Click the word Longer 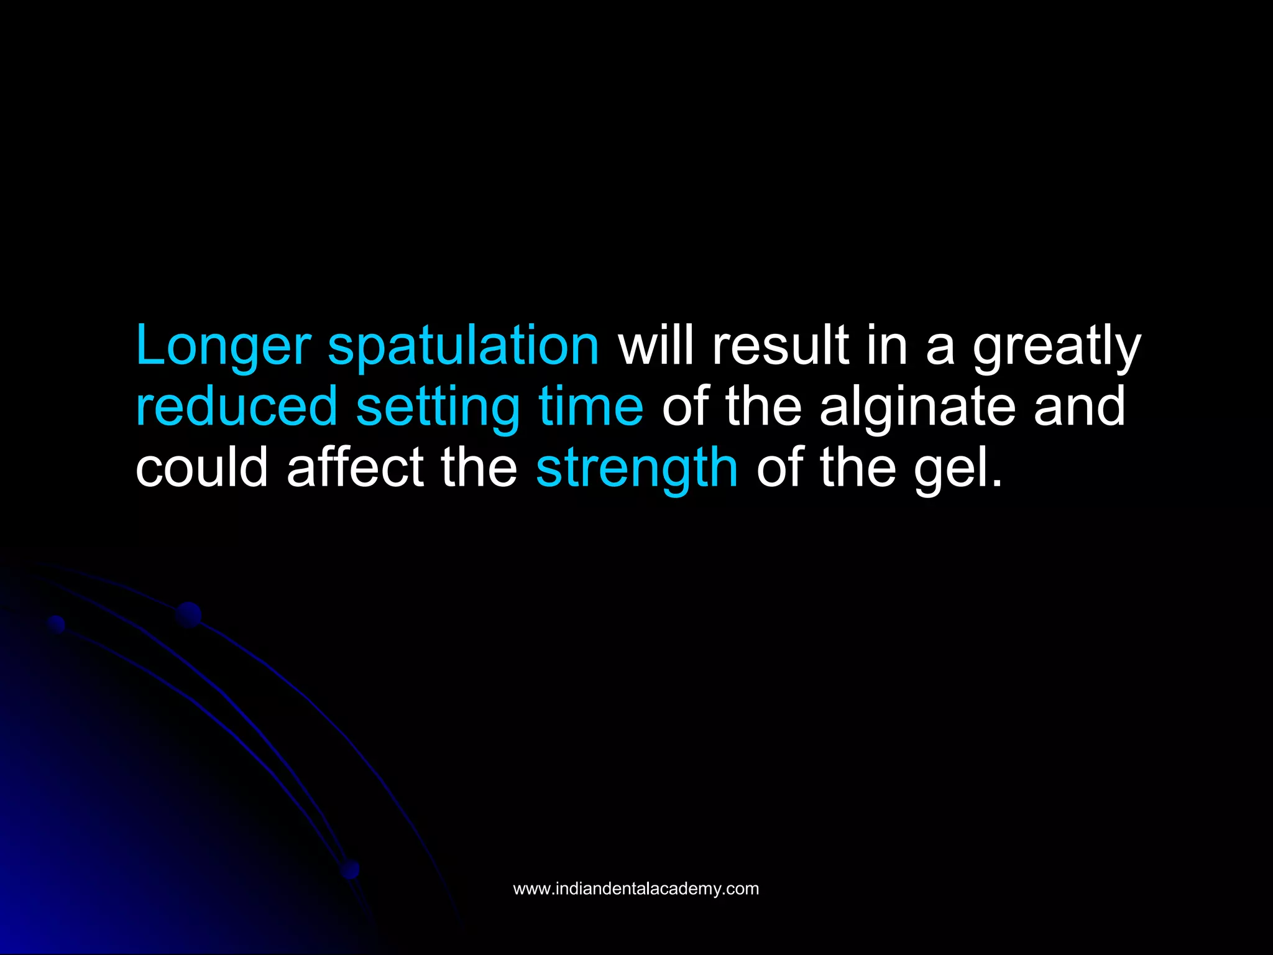[223, 346]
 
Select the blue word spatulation [463, 346]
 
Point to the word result [780, 346]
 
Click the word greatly [1057, 346]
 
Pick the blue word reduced [236, 407]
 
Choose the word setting [438, 407]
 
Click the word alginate [917, 407]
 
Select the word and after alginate [1080, 407]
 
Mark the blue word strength [637, 468]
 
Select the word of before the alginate [686, 407]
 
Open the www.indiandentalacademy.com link [636, 888]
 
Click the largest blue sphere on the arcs [188, 614]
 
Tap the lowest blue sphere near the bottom [351, 869]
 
